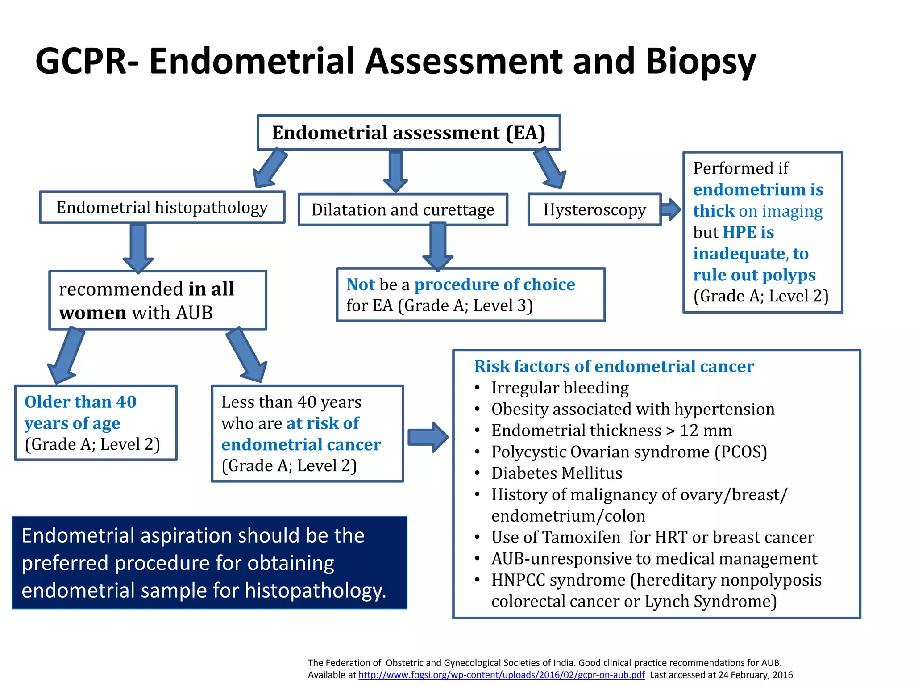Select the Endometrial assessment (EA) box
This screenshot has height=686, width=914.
tap(408, 133)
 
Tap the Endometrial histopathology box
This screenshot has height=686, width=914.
tap(162, 207)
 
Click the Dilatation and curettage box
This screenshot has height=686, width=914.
tap(403, 209)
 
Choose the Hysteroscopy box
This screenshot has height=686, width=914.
tap(594, 209)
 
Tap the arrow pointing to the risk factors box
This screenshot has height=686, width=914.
tap(428, 437)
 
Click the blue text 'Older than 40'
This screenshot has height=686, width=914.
tap(80, 402)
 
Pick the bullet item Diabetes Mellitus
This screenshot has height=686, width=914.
tap(557, 473)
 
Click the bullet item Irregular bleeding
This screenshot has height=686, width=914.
tap(560, 388)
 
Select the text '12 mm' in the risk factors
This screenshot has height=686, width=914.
tap(706, 431)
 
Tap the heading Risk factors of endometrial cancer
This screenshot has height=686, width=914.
tap(614, 366)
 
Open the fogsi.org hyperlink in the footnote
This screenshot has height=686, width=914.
tap(501, 675)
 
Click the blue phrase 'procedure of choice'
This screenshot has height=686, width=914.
tap(494, 284)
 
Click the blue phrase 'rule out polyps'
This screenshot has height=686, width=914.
tap(754, 275)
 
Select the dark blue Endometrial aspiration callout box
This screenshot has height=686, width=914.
tap(209, 563)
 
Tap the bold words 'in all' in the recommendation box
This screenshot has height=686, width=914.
tap(211, 289)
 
